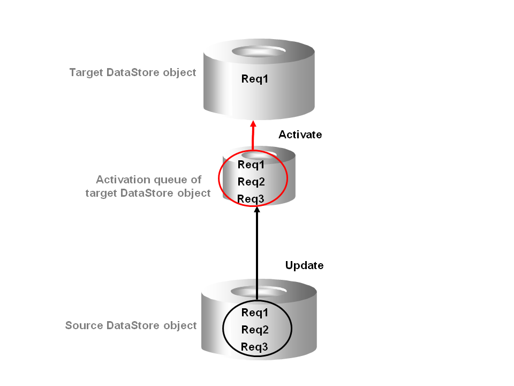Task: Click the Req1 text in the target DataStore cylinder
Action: click(x=254, y=79)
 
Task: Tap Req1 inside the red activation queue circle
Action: click(x=251, y=165)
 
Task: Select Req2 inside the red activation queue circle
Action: click(x=251, y=182)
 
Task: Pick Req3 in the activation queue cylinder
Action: click(x=251, y=199)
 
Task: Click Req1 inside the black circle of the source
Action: click(x=255, y=313)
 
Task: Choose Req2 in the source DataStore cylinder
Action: click(x=255, y=330)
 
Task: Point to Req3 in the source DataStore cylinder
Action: click(x=255, y=347)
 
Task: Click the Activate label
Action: click(x=300, y=135)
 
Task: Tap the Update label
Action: click(x=304, y=265)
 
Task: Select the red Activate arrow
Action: click(x=253, y=139)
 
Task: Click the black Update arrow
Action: click(x=257, y=252)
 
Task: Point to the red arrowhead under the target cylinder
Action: click(x=253, y=124)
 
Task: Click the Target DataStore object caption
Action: click(x=133, y=72)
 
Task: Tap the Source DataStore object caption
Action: click(x=131, y=325)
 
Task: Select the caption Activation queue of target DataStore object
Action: click(x=148, y=187)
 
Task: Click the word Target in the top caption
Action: click(x=86, y=72)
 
